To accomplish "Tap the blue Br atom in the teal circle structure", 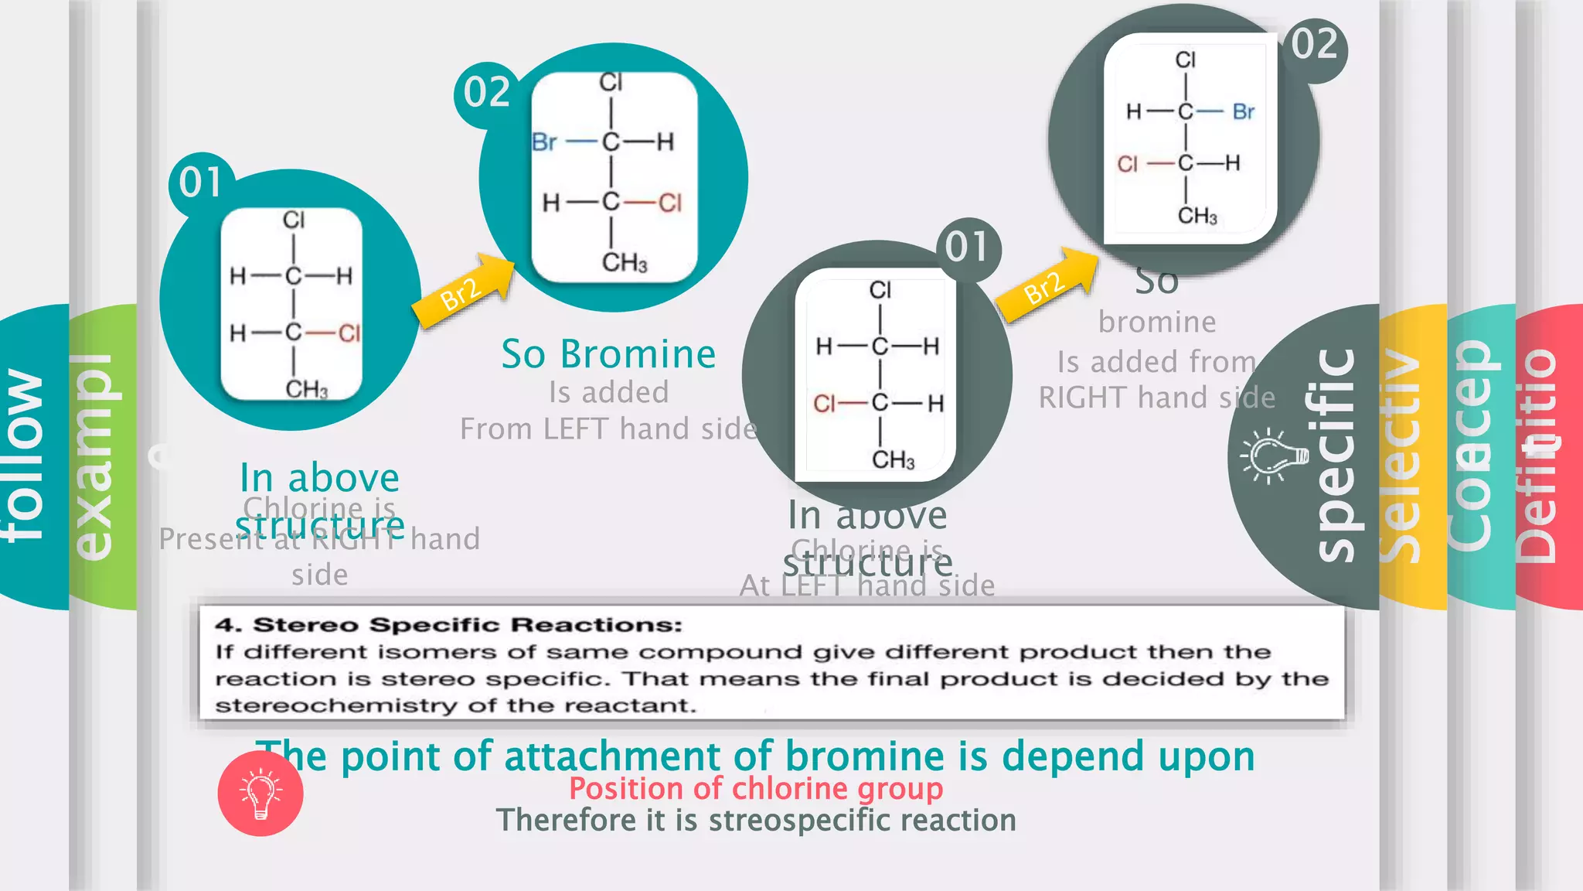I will tap(544, 142).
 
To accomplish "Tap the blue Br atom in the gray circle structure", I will tap(1243, 112).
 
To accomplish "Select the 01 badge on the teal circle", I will tap(201, 183).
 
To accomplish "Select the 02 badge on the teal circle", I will tap(486, 93).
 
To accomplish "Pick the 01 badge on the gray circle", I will tap(967, 247).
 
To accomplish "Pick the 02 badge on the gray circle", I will tap(1315, 44).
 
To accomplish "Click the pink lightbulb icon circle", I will tap(260, 794).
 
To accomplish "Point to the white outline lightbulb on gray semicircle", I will tap(1273, 456).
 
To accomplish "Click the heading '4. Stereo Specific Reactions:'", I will tap(449, 625).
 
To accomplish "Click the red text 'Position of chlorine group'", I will tap(756, 789).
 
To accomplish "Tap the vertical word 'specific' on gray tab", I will tap(1335, 456).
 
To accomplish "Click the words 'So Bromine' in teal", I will tap(608, 354).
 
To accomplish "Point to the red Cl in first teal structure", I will tap(349, 333).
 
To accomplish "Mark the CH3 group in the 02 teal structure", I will tap(624, 263).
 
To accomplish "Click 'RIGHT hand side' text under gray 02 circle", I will tap(1156, 398).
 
